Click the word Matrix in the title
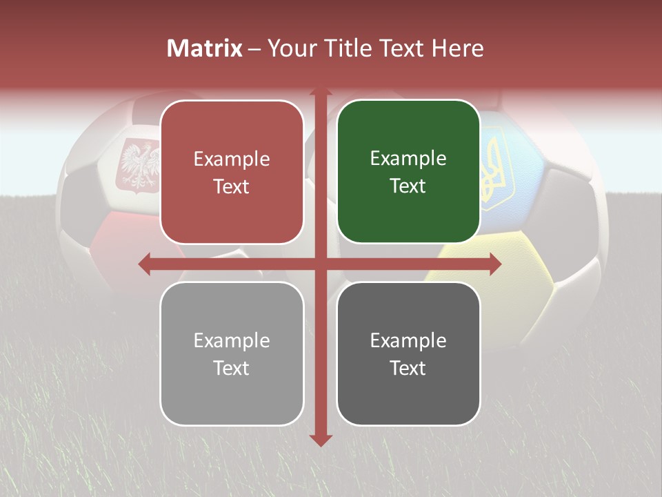pyautogui.click(x=205, y=48)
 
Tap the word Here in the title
pyautogui.click(x=458, y=48)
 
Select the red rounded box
pyautogui.click(x=232, y=172)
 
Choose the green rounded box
pyautogui.click(x=408, y=172)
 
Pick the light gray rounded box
pyautogui.click(x=232, y=353)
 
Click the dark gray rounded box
pyautogui.click(x=408, y=353)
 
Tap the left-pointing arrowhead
pyautogui.click(x=144, y=264)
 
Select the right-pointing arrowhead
pyautogui.click(x=495, y=264)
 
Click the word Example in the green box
pyautogui.click(x=408, y=158)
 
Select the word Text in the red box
pyautogui.click(x=232, y=186)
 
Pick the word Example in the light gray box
pyautogui.click(x=232, y=340)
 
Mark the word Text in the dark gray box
pyautogui.click(x=408, y=368)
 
